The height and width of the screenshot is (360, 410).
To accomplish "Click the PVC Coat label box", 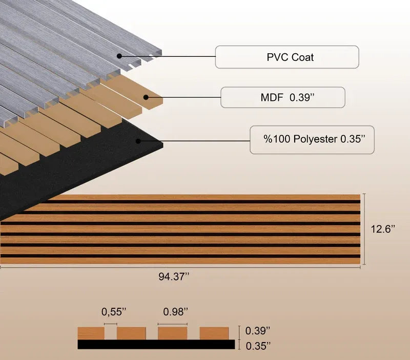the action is point(287,57).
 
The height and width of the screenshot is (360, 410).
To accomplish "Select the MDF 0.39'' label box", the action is point(283,97).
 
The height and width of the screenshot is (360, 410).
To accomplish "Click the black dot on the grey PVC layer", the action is point(119,56).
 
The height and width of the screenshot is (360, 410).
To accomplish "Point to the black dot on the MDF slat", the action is point(146,97).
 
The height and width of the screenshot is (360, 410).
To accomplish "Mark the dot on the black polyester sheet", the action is point(138,141).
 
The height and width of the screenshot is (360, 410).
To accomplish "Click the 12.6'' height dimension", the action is point(382,229).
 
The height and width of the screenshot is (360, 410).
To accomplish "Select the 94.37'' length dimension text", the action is point(174,277).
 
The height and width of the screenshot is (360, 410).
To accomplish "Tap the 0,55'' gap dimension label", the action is point(114,312).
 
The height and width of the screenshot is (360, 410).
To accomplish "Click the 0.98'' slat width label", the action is point(175,312).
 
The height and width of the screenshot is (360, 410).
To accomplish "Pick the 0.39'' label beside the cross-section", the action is point(258,331).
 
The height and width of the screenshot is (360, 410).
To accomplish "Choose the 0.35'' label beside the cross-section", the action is point(258,346).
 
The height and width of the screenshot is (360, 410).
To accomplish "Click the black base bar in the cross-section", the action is point(156,344).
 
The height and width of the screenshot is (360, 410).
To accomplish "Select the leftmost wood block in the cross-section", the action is point(91,333).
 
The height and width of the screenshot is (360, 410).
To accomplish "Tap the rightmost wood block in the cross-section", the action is point(214,333).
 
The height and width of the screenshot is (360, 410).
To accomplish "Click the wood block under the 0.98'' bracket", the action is point(172,333).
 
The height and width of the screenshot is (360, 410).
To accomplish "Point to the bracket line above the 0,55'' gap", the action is point(110,324).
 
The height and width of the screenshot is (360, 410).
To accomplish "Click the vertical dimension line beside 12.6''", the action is point(364,229).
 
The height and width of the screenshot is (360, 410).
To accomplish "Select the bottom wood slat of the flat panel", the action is point(180,261).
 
